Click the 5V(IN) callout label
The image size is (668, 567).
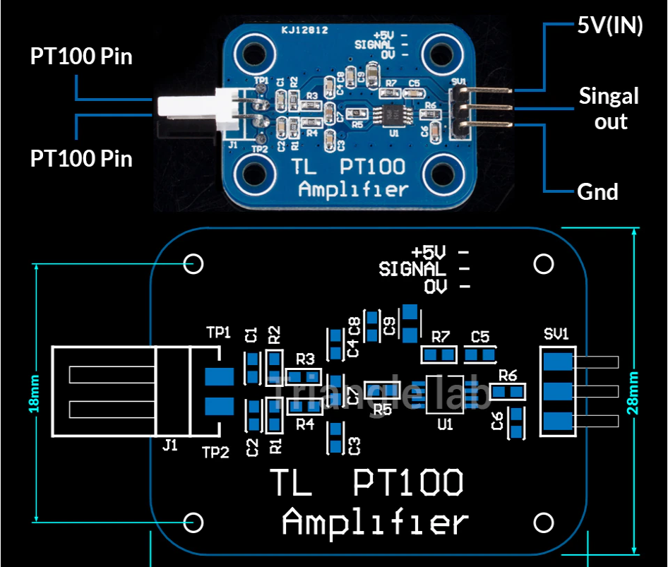(609, 25)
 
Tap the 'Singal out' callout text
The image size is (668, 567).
(609, 108)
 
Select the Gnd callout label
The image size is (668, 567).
(597, 191)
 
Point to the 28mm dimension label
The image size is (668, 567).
(635, 393)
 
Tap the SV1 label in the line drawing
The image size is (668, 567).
(556, 333)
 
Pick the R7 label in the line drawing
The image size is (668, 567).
(441, 336)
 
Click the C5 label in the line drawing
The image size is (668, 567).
(479, 336)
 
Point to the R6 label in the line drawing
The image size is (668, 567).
(508, 375)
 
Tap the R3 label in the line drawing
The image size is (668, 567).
(305, 359)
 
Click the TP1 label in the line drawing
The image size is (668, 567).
(218, 332)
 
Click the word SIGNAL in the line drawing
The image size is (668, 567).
(412, 269)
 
